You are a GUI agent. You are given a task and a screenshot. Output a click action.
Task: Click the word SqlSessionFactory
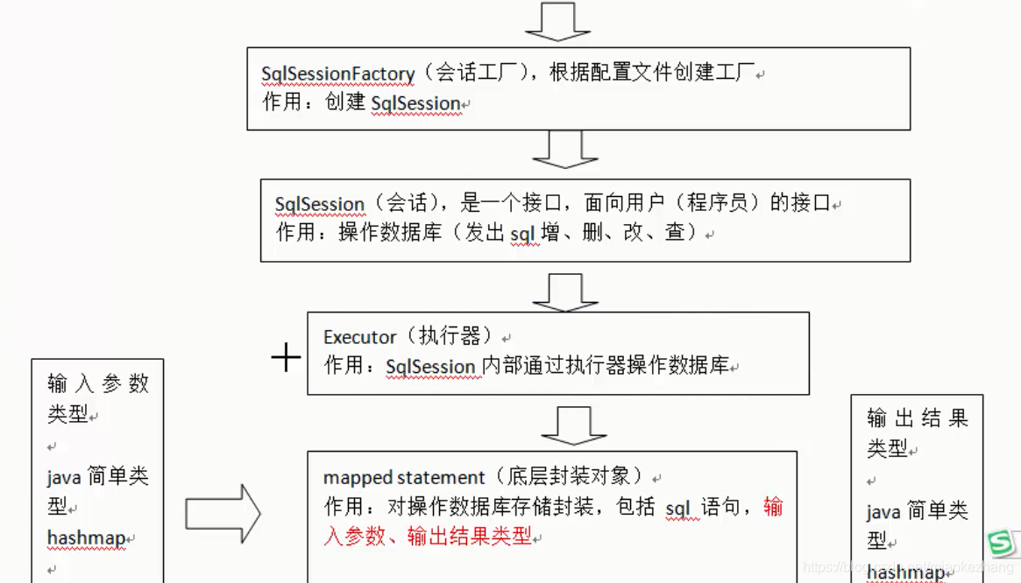pos(337,74)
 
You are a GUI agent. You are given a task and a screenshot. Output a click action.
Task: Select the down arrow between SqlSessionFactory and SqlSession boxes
pos(565,151)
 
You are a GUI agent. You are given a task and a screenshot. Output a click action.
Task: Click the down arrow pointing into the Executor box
pos(565,292)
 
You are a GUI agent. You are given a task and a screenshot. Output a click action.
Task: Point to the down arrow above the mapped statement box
pos(574,426)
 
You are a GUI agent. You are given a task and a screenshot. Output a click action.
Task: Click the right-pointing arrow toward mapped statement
pos(223,514)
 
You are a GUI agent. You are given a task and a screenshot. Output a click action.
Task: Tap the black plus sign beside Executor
pos(286,356)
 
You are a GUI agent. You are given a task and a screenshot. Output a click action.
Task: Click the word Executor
pos(360,337)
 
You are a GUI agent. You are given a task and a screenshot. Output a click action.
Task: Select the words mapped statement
pos(404,478)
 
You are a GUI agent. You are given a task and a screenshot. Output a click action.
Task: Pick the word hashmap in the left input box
pos(86,537)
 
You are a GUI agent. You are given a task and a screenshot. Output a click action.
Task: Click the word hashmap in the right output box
pos(905,572)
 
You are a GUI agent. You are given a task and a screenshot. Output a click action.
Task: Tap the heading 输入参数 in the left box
pos(97,383)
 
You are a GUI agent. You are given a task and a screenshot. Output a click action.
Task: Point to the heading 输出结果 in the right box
pos(917,418)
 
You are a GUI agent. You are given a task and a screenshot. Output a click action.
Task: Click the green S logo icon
pos(1000,544)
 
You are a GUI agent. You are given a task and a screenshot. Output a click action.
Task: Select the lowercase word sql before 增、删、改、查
pos(524,233)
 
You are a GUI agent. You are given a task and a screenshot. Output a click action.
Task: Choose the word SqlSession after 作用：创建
pos(416,103)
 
